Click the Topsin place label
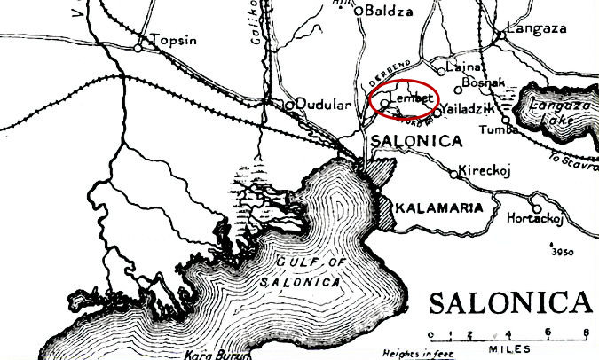tap(172, 41)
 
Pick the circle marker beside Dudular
tap(289, 105)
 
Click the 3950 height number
tap(562, 252)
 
